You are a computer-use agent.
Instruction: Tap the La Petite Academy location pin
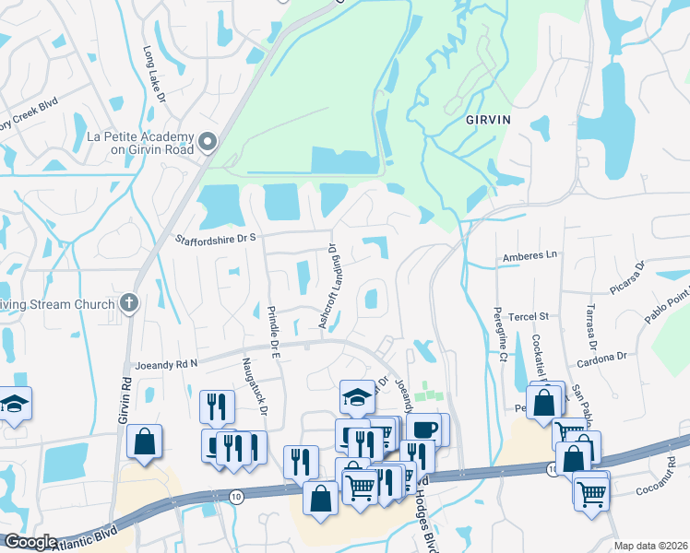point(208,143)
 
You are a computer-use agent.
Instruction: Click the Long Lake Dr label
point(153,75)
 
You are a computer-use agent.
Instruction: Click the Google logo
point(30,542)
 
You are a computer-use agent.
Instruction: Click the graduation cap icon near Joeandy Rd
point(357,396)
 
